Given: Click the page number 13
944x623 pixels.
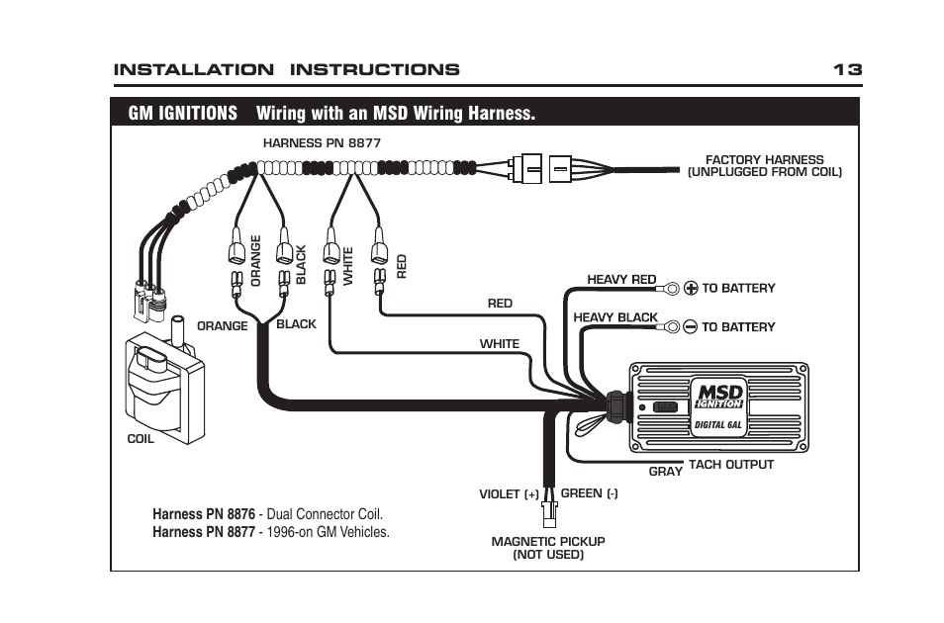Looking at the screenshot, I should click(847, 69).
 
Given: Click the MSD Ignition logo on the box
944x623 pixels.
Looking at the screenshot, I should click(718, 393).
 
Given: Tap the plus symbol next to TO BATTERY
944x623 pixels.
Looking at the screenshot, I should click(691, 289).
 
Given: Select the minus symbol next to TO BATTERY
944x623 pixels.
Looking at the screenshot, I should click(691, 326).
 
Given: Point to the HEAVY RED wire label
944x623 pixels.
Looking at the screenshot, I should click(621, 280).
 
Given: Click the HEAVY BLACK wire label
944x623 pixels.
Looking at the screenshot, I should click(615, 317).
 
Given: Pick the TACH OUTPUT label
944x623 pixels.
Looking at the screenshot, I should click(730, 464).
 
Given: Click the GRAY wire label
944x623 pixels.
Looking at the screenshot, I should click(665, 472).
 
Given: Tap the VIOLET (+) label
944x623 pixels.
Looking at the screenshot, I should click(510, 493).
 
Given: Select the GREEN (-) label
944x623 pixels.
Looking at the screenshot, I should click(589, 492).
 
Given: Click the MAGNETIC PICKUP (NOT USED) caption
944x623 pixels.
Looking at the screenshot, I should click(548, 548).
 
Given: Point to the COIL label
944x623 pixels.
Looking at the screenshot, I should click(141, 439).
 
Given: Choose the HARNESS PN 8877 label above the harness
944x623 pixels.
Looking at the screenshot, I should click(322, 142).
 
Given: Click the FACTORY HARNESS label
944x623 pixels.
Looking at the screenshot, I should click(764, 165).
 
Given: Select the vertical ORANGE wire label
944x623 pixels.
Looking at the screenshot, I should click(256, 261).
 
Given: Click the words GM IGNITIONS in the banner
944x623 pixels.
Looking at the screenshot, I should click(183, 113).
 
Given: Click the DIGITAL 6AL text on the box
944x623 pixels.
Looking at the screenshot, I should click(719, 424).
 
